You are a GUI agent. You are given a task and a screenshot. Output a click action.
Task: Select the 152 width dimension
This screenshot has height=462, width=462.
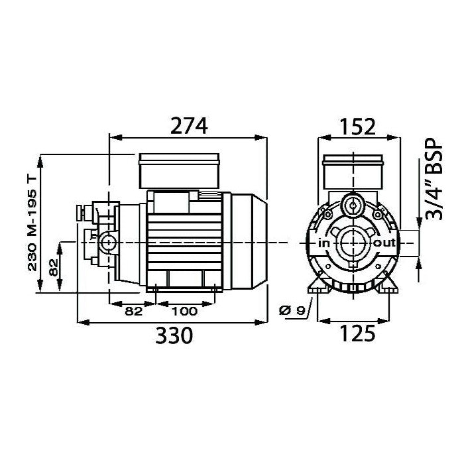359,125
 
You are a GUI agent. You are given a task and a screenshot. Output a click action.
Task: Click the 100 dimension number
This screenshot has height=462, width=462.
185,311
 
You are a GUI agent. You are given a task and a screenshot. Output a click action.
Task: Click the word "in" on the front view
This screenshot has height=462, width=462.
323,244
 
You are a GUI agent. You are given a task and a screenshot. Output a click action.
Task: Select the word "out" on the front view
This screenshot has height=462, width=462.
384,243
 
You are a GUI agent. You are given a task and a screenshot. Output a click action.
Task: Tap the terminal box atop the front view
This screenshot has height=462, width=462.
352,173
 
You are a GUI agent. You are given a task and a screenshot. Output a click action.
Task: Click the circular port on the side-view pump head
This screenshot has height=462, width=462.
106,243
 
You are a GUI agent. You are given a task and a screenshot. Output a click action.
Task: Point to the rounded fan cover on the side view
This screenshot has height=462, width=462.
249,243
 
